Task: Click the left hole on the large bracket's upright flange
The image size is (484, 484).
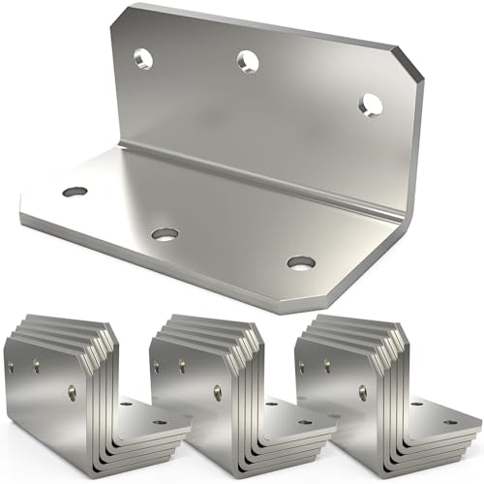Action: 142,58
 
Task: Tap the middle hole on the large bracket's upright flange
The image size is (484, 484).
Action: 249,61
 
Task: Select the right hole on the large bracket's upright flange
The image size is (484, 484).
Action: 370,105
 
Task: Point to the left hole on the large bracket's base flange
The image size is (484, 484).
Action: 75,192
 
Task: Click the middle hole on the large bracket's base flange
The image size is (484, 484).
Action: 165,233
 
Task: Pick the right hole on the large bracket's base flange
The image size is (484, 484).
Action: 301,262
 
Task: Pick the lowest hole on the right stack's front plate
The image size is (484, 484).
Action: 363,393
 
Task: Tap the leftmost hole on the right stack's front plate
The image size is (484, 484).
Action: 302,366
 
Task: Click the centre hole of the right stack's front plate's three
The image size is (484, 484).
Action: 327,366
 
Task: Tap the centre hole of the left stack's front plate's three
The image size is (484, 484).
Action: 37,366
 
